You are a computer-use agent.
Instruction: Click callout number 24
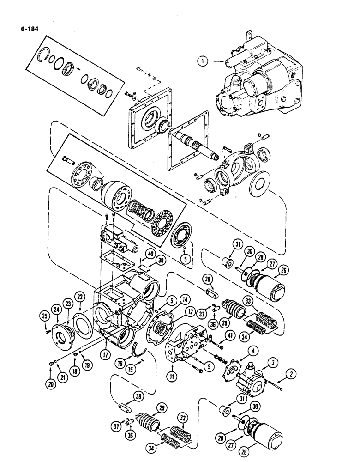(57, 310)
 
